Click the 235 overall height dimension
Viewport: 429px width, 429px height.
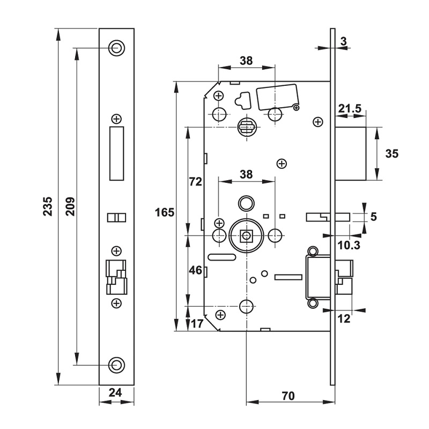point(47,206)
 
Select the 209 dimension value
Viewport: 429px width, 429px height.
point(69,206)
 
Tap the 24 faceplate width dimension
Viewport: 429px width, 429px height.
point(116,393)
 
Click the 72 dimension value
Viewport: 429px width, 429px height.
point(195,182)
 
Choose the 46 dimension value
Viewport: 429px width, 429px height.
point(195,271)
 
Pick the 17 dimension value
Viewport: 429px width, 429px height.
point(196,323)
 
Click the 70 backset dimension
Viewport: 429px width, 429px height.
point(288,396)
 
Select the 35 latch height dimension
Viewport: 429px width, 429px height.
point(392,154)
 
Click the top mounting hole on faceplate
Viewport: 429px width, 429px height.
point(116,47)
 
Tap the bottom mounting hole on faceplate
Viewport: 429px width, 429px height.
point(116,365)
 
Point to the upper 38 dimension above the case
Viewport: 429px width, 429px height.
point(246,61)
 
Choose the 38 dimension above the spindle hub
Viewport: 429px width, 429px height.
point(246,174)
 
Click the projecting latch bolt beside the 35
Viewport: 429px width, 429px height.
point(351,154)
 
